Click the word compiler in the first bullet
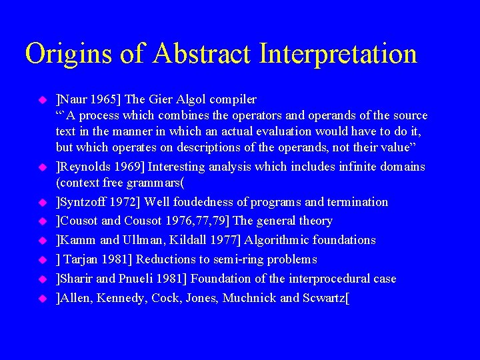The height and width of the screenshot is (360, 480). coord(234,100)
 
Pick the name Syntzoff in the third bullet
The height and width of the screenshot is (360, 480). coord(83,202)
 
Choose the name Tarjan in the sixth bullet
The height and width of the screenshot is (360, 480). coord(82,259)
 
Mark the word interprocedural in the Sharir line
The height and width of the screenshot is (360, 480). coord(329,279)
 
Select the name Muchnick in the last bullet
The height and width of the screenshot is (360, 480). coord(250,298)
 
